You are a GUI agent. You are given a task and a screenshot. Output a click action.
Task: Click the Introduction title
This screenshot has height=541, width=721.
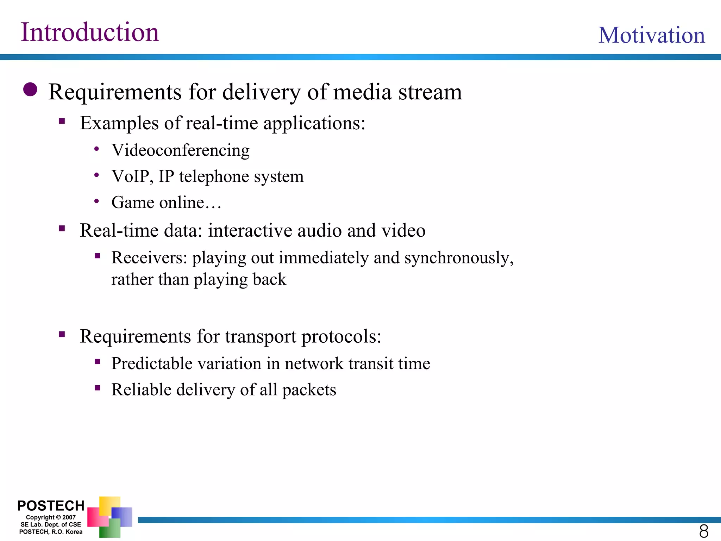[90, 32]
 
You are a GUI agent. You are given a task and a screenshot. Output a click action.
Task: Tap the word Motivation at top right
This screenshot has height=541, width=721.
[651, 35]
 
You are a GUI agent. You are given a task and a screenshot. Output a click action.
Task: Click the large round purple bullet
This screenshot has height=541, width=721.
[30, 89]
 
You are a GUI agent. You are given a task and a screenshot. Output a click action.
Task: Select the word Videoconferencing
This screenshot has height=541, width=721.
[180, 150]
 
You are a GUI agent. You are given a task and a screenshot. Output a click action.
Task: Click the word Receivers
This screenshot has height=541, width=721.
[149, 257]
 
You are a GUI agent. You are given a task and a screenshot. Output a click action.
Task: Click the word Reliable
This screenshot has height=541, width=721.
[141, 390]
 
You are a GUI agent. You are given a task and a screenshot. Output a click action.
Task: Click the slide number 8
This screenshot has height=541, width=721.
[703, 531]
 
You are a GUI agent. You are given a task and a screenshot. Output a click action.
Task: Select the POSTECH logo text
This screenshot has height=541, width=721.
[51, 506]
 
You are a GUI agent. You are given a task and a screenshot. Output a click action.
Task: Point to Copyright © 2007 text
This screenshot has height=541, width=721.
[51, 517]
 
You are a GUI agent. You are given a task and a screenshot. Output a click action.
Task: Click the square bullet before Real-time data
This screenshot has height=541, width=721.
[62, 229]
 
